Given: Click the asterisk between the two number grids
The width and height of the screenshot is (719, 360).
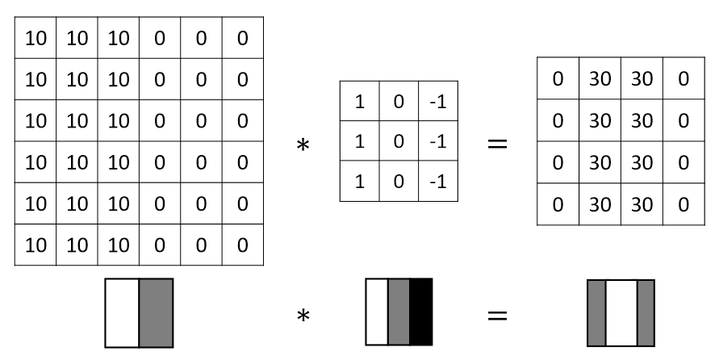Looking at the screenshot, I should coord(304,146).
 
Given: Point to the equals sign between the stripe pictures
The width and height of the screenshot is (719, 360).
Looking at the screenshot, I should coord(497,314).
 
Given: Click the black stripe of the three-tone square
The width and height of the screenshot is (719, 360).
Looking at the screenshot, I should coord(421,312).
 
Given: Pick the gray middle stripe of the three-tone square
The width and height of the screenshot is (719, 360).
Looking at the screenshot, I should coord(399,312).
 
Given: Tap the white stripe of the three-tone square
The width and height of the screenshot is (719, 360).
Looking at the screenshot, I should coord(377,312).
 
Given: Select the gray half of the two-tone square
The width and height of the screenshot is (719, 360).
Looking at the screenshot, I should coord(157,313).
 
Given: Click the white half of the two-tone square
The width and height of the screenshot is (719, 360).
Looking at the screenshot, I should coord(122,313).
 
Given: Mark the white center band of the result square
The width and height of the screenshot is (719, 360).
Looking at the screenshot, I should coord(621,313).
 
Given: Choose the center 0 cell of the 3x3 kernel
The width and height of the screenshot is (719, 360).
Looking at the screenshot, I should coord(399,141).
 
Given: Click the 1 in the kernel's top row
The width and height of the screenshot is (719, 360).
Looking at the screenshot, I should coord(359,101).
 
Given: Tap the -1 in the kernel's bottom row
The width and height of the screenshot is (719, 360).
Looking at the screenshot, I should coord(437,181).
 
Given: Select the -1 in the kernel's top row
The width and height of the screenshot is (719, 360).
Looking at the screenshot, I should coord(437,101).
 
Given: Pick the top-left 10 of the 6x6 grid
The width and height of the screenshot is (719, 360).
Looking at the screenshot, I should coord(35,37).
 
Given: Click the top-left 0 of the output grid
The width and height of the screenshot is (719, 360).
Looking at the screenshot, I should coord(558,78).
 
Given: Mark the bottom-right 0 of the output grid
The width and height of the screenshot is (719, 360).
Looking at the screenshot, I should coord(683,204).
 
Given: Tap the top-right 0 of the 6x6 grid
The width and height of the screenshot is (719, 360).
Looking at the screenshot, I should coord(243,37).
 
